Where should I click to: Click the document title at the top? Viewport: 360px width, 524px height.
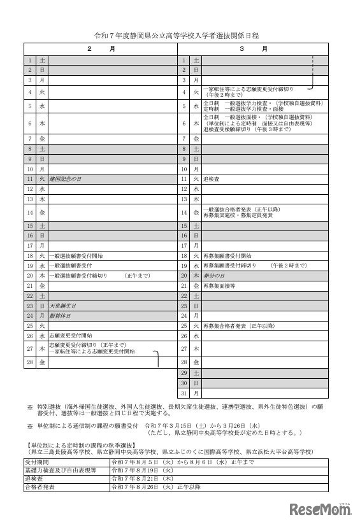point(180,37)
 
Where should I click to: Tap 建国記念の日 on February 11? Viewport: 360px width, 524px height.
point(66,180)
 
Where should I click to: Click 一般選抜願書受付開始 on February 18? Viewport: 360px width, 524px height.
point(76,255)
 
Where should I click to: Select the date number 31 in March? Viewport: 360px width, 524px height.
point(184,393)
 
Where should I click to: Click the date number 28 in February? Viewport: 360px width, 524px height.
point(29,362)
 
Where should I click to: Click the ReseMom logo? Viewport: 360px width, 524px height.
point(321,509)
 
